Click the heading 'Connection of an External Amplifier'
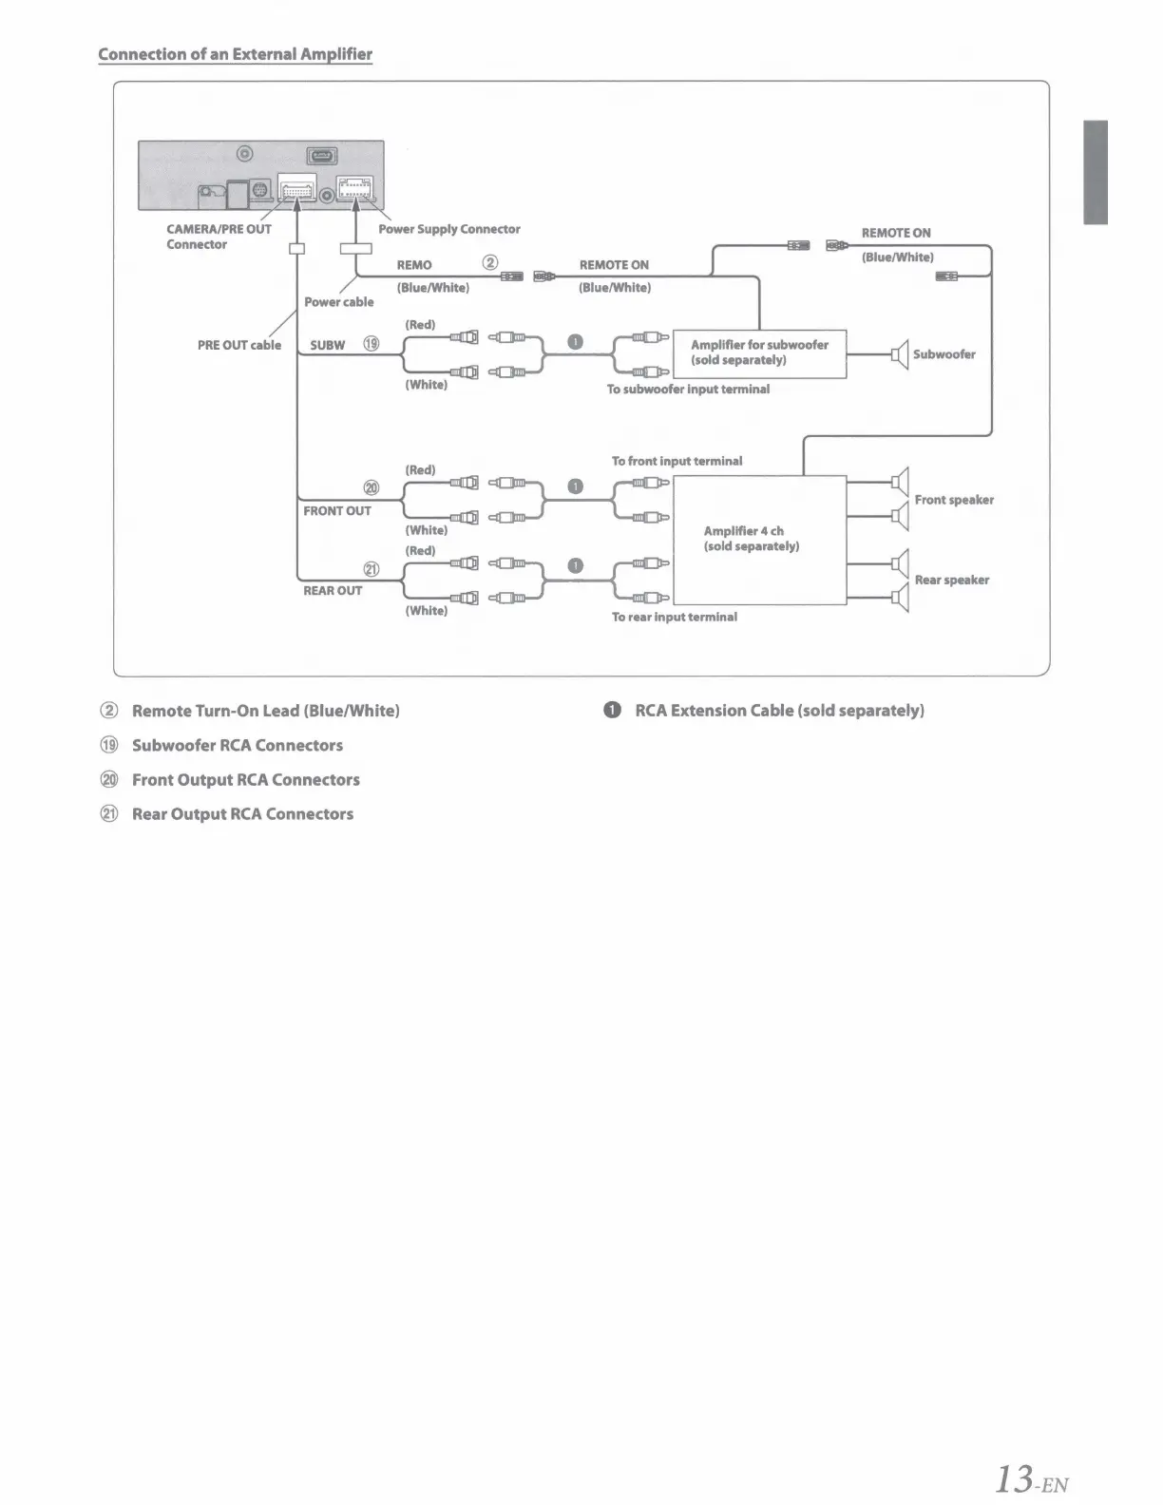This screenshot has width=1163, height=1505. point(235,54)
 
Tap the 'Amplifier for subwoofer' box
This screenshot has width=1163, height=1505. point(759,353)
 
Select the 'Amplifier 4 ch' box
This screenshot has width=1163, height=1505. point(759,540)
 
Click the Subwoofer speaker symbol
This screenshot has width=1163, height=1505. point(900,354)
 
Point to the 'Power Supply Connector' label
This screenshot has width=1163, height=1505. point(449,229)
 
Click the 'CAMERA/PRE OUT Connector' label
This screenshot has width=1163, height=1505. point(219,237)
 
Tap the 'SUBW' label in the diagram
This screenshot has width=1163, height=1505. point(327,345)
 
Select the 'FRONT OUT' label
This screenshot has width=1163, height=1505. point(337,511)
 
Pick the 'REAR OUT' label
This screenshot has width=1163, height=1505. point(333,591)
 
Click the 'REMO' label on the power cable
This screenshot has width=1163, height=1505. point(414,265)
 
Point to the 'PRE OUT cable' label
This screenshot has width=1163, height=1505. point(239,345)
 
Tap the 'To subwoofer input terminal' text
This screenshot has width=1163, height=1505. point(688,390)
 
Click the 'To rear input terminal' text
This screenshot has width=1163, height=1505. point(675,618)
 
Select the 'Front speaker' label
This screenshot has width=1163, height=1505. point(954,500)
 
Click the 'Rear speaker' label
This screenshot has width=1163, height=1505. point(952,580)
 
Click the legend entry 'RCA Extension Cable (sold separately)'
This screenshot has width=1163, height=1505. point(779,711)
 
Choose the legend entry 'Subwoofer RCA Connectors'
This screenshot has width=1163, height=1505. point(238,746)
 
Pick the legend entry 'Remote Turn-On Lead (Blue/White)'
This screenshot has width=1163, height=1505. point(265,711)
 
